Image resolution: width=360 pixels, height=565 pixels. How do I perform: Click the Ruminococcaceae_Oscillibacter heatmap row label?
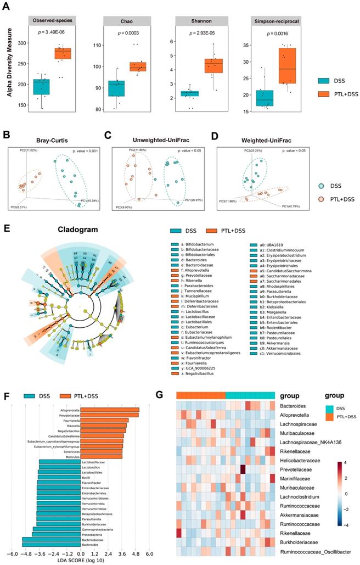pyautogui.click(x=316, y=551)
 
